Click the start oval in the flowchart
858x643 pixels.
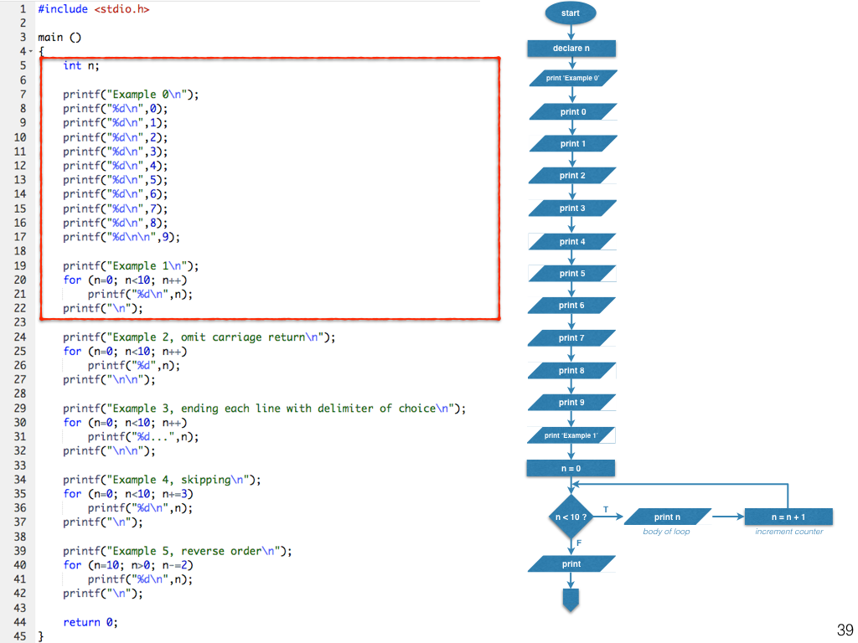571,13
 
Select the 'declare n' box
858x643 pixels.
571,49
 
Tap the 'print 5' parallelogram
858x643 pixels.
572,274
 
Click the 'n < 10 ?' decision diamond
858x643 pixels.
571,517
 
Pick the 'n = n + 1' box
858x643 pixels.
788,517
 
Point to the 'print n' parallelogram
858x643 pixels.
668,517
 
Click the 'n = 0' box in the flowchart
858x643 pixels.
571,468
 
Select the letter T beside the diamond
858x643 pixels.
606,510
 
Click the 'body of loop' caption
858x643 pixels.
667,532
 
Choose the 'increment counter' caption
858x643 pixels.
788,532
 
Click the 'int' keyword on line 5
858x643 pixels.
72,65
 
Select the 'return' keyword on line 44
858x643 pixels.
81,622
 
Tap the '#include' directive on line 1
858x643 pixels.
63,8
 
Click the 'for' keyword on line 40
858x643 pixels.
72,565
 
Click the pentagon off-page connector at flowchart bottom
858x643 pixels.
571,599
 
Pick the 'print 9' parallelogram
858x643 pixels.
572,403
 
